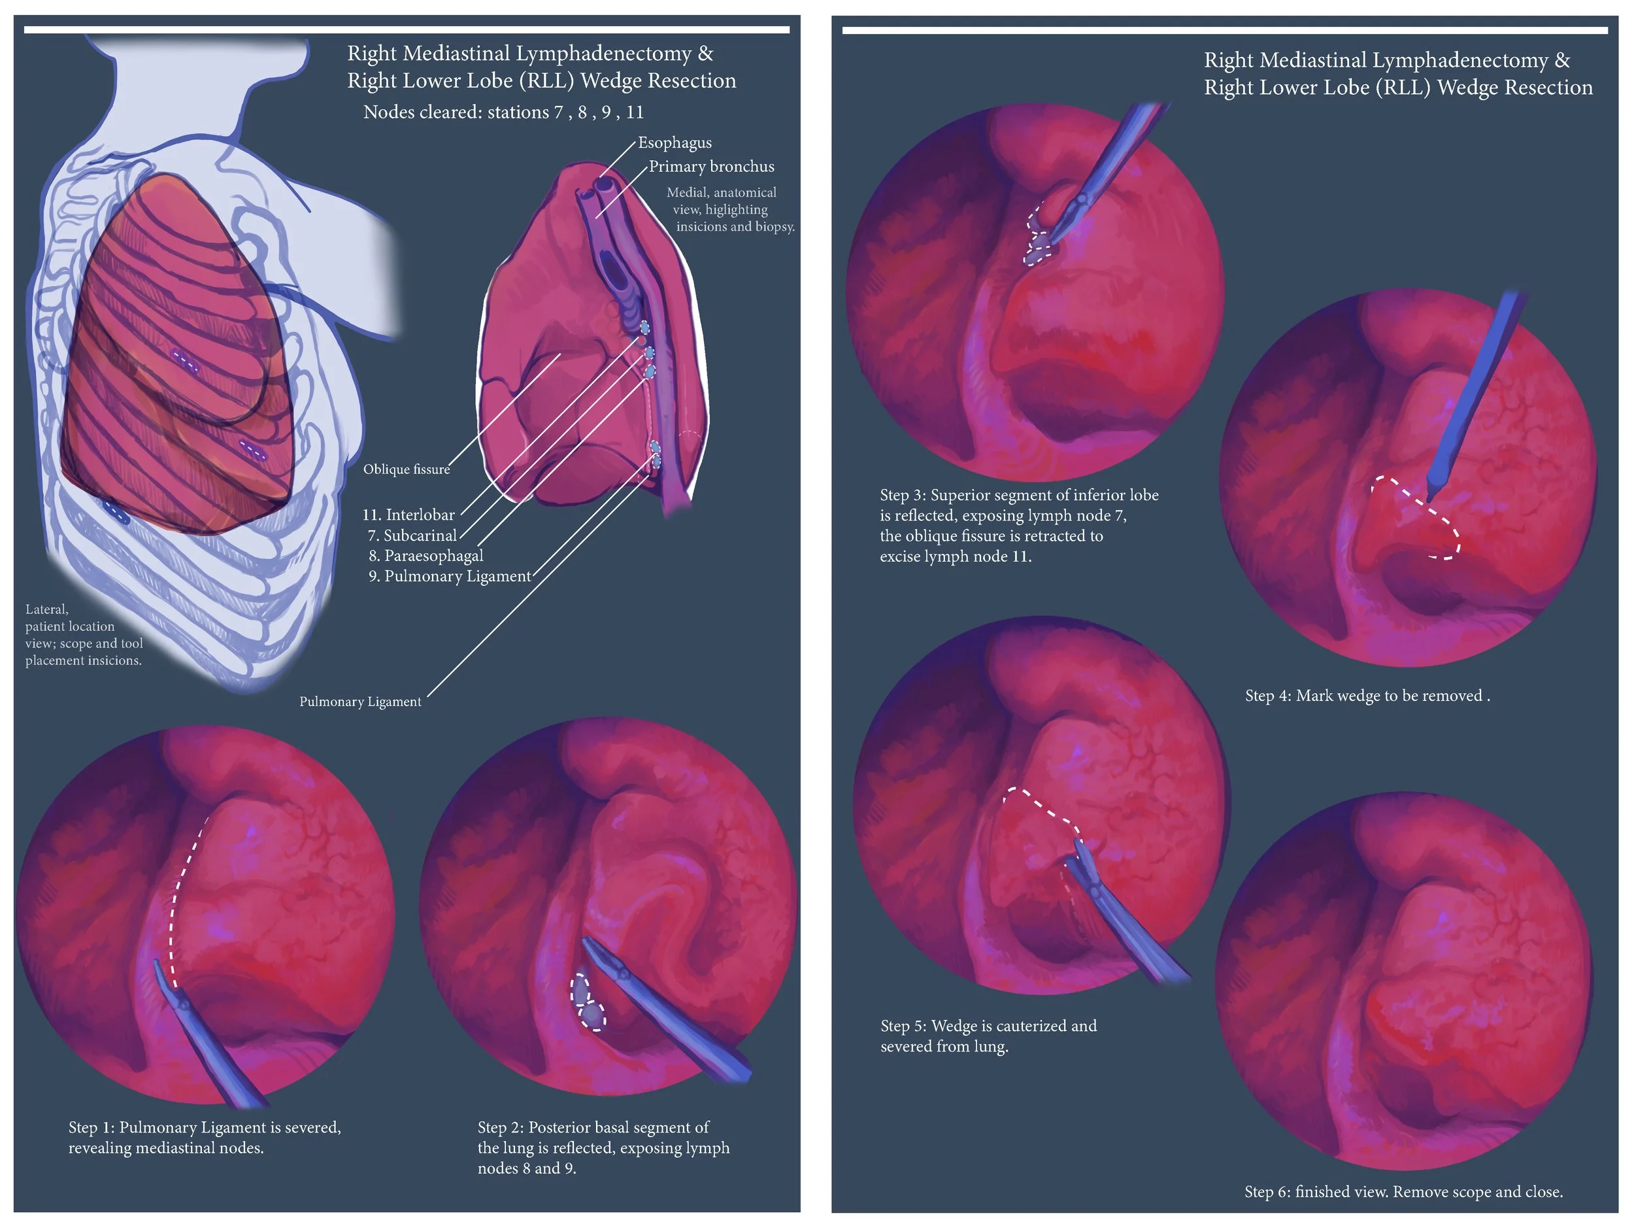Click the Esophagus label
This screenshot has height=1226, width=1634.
pos(675,143)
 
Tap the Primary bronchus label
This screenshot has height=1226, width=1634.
pos(711,166)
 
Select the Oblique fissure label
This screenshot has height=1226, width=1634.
pos(407,469)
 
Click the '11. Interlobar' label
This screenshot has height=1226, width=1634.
pos(408,515)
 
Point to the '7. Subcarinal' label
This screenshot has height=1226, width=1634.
pos(412,535)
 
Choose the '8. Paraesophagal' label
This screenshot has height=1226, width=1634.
pos(425,556)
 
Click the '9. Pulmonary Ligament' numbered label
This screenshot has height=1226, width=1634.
pos(449,577)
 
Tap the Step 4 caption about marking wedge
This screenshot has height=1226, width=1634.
pos(1367,696)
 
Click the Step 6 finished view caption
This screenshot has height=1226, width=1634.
pos(1403,1191)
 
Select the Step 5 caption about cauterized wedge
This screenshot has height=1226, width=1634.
pos(988,1035)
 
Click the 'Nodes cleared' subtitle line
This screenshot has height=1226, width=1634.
pos(503,112)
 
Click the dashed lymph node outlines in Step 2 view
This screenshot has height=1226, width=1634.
pos(588,1003)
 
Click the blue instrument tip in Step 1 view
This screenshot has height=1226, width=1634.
pos(177,997)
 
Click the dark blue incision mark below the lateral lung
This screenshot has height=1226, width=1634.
pos(115,511)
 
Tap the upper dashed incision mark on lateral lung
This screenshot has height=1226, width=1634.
pos(185,362)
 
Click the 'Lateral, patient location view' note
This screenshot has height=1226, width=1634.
pos(84,635)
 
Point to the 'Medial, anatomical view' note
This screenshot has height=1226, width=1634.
pos(727,209)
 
